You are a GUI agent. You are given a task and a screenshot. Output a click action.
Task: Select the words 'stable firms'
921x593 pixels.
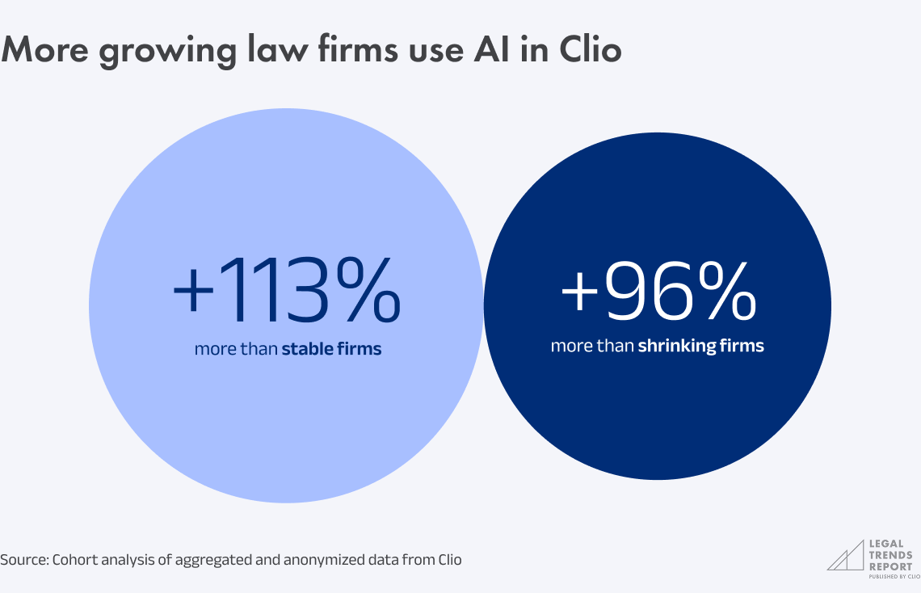tap(331, 350)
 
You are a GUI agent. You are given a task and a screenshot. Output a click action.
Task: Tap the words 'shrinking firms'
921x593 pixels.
tap(700, 346)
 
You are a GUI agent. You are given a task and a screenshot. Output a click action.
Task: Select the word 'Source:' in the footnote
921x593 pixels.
tap(24, 559)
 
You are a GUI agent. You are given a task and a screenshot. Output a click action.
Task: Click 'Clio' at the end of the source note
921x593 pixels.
tap(449, 559)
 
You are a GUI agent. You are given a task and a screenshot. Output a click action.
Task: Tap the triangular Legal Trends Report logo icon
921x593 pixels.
tap(845, 556)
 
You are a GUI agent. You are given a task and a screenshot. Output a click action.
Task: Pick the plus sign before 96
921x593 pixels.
tap(581, 292)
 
